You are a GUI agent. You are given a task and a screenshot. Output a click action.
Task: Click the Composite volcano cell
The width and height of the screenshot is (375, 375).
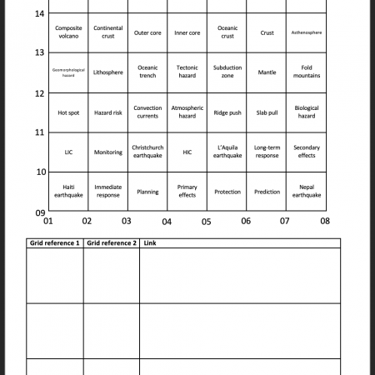point(68,32)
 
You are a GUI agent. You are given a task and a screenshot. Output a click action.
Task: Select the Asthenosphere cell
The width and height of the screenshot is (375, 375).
point(307,32)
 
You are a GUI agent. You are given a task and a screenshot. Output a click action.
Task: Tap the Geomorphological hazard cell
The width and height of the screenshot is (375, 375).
point(68,72)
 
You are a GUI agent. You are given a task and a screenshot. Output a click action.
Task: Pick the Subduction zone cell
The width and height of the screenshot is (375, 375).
point(227,72)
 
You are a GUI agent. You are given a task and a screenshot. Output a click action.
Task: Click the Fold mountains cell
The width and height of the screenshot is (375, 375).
point(307,72)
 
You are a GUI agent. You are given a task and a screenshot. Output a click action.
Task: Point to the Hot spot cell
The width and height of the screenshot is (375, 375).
point(68,112)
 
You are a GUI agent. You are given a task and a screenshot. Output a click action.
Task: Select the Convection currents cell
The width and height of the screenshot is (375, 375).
point(147,112)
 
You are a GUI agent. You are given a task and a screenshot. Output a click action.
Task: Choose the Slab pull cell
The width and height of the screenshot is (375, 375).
point(267,112)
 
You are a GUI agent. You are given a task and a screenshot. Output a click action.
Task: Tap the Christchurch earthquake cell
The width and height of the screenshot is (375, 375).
point(147,152)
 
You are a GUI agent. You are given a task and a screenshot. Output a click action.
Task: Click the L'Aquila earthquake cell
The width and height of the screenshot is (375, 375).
point(227,152)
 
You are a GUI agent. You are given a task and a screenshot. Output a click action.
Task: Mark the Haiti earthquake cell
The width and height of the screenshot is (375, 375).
point(68,192)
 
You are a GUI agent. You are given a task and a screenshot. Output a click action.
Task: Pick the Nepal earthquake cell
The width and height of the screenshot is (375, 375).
point(307,192)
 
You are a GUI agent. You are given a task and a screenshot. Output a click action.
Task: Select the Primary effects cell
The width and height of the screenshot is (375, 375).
point(187,192)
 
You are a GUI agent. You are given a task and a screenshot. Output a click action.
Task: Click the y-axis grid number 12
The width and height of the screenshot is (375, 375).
point(39,92)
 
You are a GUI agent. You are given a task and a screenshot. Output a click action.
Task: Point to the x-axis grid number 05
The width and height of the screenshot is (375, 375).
point(207,222)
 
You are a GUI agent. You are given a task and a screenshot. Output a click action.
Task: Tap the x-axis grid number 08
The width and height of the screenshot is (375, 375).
point(325,222)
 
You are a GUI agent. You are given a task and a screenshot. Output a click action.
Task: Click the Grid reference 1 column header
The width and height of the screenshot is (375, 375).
point(55,243)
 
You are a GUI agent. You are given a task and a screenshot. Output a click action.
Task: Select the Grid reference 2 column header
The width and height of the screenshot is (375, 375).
point(111,243)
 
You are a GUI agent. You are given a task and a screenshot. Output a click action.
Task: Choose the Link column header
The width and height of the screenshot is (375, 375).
point(150,243)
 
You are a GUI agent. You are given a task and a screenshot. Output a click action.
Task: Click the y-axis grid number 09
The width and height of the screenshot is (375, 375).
point(39,212)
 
